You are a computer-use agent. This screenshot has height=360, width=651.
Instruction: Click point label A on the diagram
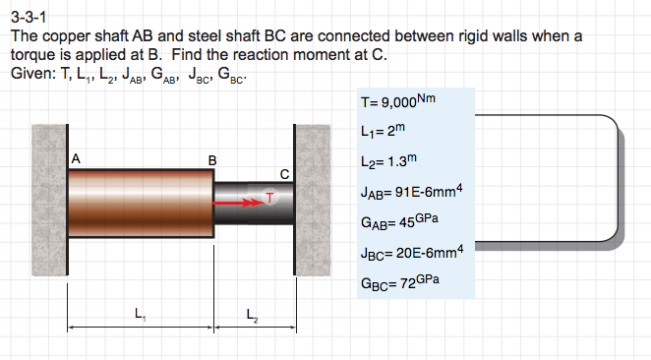[x=76, y=157]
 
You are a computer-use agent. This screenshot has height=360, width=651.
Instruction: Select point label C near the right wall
[x=284, y=174]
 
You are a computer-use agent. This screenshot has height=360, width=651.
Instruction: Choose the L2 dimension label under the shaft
[x=253, y=315]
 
